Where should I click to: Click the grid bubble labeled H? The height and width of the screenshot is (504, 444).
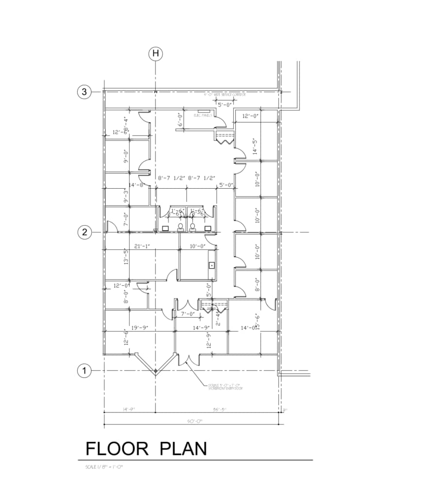[x=155, y=54]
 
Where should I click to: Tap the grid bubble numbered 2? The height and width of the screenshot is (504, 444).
[x=84, y=232]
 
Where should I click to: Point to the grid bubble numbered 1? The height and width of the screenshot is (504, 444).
[x=84, y=371]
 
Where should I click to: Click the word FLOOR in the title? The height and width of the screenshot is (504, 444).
[x=117, y=449]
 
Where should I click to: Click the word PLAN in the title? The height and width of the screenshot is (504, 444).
[x=183, y=449]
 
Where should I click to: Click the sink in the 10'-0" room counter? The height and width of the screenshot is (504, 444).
[x=212, y=265]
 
